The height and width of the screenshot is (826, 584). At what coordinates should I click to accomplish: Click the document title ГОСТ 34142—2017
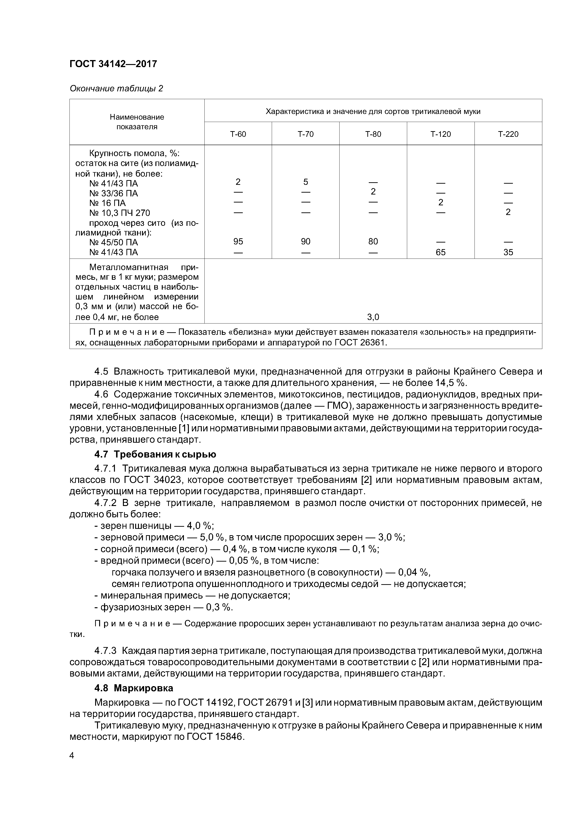click(113, 64)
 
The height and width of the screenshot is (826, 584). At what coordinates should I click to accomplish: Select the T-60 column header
click(238, 134)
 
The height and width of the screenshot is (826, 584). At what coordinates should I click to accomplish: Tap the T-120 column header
click(440, 134)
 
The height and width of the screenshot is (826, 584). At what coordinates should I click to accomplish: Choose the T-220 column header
click(508, 134)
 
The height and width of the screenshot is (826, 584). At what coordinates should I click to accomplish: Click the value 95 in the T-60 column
click(238, 241)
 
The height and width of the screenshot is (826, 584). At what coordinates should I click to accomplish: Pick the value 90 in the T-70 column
click(305, 241)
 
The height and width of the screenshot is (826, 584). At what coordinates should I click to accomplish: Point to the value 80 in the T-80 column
click(373, 241)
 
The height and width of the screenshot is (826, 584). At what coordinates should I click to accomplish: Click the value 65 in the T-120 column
click(440, 252)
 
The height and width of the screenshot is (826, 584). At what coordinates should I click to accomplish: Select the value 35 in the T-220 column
click(508, 252)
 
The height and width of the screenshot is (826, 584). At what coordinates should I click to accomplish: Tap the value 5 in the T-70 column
click(305, 182)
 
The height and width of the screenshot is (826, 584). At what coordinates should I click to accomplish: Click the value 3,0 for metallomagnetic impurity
click(373, 317)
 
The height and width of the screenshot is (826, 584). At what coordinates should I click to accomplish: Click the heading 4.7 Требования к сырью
click(155, 454)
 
